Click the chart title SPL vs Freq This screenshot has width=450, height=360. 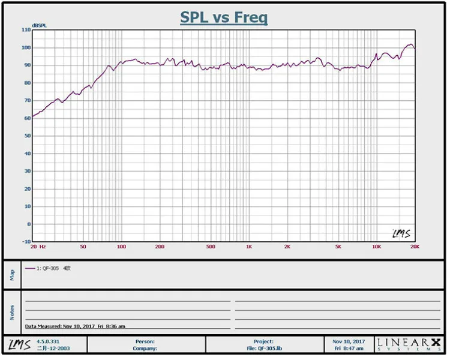pyautogui.click(x=224, y=17)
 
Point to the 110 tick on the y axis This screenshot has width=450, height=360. pyautogui.click(x=26, y=29)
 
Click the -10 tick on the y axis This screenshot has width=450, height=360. pyautogui.click(x=26, y=242)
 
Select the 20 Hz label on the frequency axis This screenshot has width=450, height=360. pyautogui.click(x=38, y=247)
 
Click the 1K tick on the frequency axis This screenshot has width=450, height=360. pyautogui.click(x=248, y=247)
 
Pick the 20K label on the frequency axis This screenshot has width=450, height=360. pyautogui.click(x=413, y=247)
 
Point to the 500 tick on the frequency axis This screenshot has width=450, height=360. pyautogui.click(x=210, y=247)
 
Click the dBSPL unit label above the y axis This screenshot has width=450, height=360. pyautogui.click(x=39, y=25)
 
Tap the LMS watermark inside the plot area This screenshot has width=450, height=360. pyautogui.click(x=401, y=233)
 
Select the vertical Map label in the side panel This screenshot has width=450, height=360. pyautogui.click(x=12, y=275)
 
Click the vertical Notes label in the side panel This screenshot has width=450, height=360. pyautogui.click(x=12, y=311)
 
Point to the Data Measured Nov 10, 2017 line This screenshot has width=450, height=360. pyautogui.click(x=75, y=326)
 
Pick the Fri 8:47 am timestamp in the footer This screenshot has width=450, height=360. pyautogui.click(x=349, y=348)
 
